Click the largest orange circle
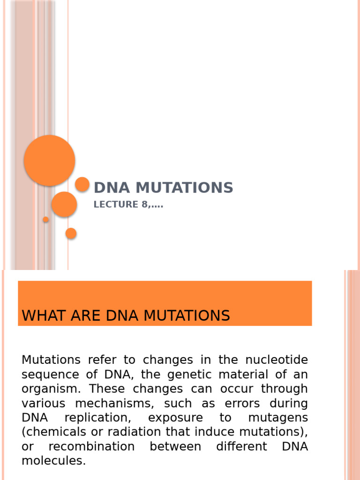pos(49,160)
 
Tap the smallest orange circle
pos(46,219)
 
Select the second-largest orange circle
pos(64,204)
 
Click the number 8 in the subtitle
pos(145,204)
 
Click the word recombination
pos(91,446)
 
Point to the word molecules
pos(53,461)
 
